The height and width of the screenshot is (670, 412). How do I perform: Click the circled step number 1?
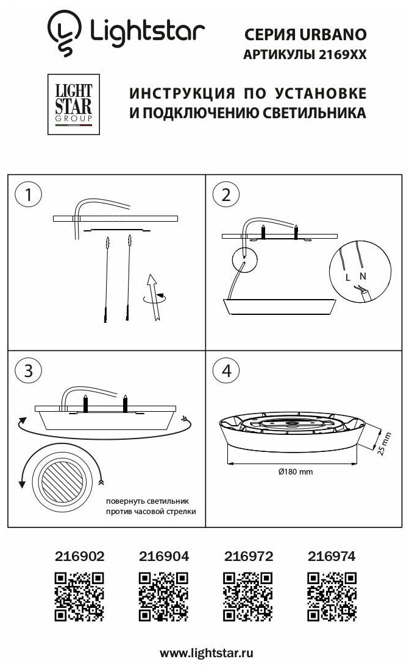tap(26, 195)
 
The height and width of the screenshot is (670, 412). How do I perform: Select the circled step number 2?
tap(226, 195)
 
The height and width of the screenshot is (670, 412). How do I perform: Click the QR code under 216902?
tap(80, 597)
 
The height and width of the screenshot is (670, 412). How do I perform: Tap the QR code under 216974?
tap(332, 597)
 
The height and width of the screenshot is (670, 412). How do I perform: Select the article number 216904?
tap(164, 555)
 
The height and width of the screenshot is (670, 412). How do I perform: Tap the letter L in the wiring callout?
tap(347, 277)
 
